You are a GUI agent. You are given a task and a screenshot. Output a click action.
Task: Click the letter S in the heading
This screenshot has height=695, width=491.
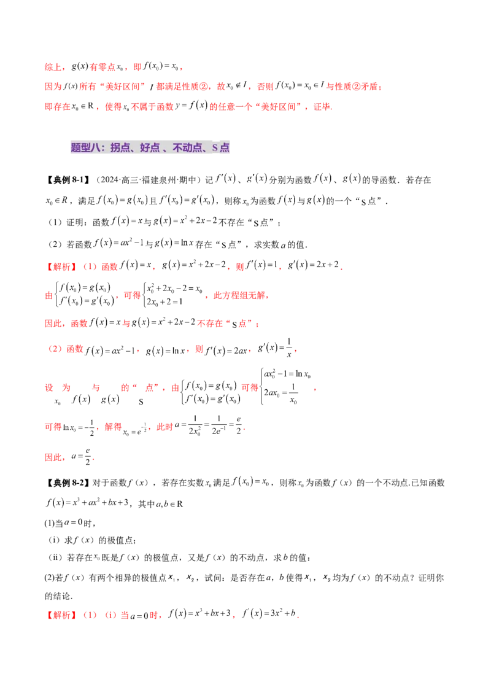click(x=215, y=148)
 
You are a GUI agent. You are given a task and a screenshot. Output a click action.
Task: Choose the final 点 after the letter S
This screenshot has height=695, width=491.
click(x=225, y=148)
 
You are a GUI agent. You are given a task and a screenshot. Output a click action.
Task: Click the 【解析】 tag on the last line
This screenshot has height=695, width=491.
click(x=61, y=615)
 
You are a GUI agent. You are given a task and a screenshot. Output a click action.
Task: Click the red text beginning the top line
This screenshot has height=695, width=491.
click(x=55, y=66)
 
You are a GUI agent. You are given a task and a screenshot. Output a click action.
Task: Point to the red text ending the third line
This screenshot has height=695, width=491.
click(x=322, y=107)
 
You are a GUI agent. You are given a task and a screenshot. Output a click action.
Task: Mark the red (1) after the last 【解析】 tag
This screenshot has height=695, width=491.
click(x=90, y=615)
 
